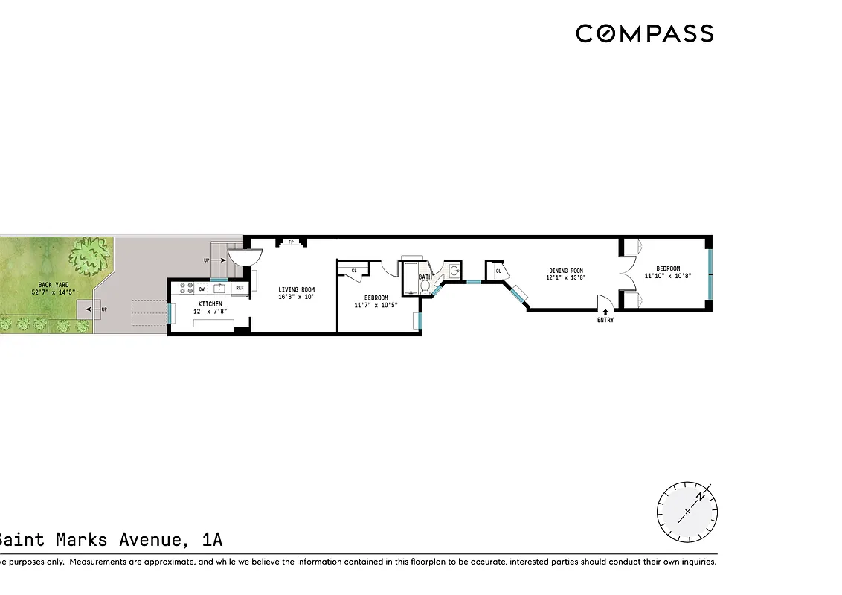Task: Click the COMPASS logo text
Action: [x=644, y=33]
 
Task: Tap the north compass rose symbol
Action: [x=687, y=512]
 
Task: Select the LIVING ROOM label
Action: [x=296, y=290]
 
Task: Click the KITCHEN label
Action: [x=210, y=303]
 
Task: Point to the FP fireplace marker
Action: [x=292, y=242]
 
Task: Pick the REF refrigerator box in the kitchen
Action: [x=240, y=288]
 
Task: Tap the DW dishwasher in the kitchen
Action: [x=202, y=288]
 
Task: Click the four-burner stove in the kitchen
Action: [x=184, y=289]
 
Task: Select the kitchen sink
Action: [x=220, y=288]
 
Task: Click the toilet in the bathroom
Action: [x=425, y=286]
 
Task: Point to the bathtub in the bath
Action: [x=411, y=279]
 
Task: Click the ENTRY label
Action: [x=605, y=321]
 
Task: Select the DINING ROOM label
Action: [x=566, y=271]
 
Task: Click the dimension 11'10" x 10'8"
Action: [x=667, y=276]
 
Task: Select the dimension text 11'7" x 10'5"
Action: [x=376, y=304]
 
